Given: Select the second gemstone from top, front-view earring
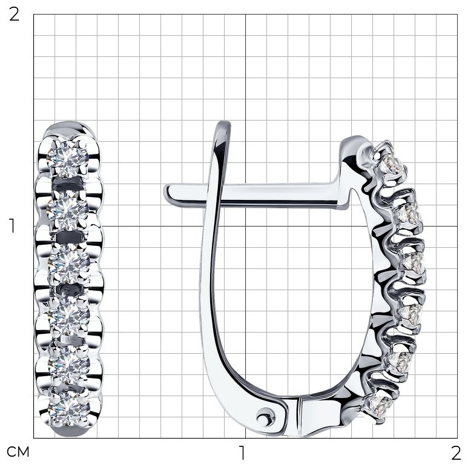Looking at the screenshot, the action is [x=68, y=210].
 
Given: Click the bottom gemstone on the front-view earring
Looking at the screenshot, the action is [x=69, y=408].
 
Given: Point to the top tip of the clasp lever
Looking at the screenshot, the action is [x=224, y=122].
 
